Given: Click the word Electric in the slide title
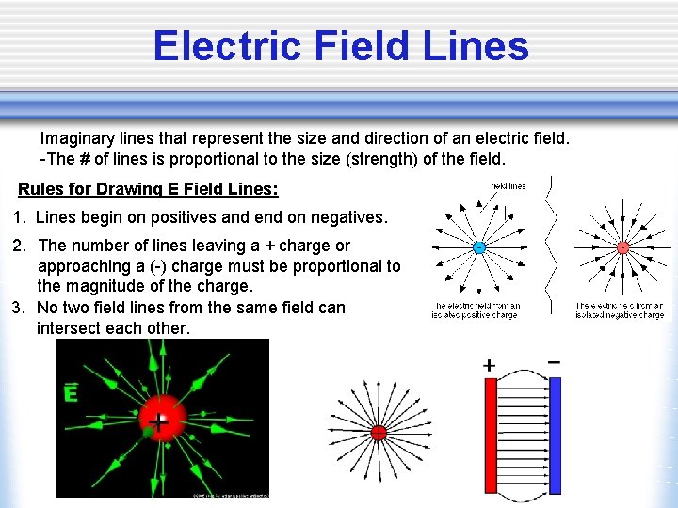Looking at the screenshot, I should [222, 45].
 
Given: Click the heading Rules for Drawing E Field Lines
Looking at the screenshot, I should [148, 189].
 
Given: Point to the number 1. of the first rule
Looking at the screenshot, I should [19, 218].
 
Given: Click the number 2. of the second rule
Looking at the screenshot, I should [19, 246].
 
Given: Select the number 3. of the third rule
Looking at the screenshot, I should [19, 308].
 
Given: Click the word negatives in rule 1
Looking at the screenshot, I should [348, 218].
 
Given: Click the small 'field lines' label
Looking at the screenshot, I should [508, 186].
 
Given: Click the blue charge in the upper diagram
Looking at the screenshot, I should [478, 247].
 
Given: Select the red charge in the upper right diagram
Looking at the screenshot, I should [622, 247].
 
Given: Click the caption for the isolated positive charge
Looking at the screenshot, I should [475, 310].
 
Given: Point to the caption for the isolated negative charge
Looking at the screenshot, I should [620, 310].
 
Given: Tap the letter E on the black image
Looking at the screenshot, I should [70, 393].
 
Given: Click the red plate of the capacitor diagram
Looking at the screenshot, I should [490, 435].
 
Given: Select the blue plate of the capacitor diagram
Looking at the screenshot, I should [555, 435].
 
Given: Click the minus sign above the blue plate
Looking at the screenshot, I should [555, 361].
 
